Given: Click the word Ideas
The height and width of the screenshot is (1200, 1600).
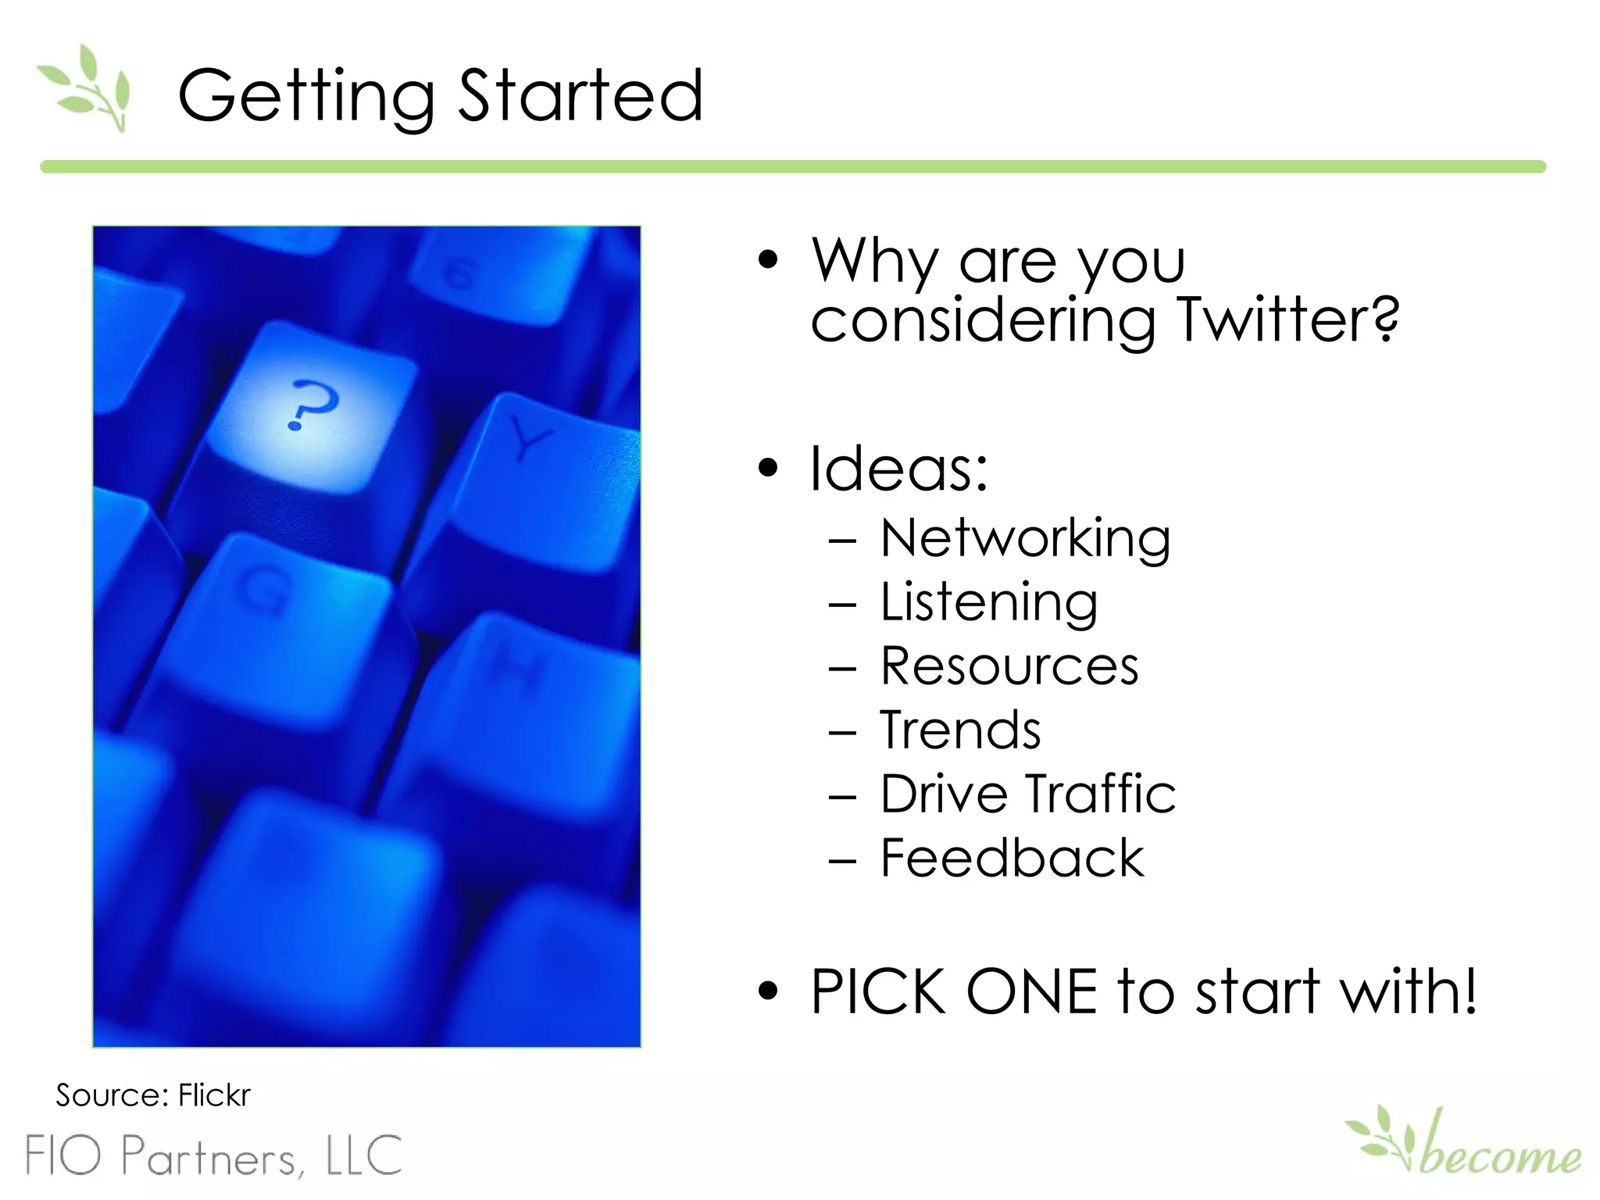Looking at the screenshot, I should [898, 469].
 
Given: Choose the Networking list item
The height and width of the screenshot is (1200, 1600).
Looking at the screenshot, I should [1025, 539].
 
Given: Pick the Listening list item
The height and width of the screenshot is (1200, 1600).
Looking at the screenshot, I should [989, 603].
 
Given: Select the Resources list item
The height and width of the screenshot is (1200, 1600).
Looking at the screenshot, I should [1009, 666].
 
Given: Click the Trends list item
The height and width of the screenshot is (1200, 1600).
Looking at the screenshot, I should [960, 730].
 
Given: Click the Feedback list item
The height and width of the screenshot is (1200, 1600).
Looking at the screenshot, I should [1012, 859].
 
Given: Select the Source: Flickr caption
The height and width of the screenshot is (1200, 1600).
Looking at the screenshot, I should [153, 1095].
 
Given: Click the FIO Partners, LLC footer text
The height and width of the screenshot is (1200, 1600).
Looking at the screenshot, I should [214, 1155].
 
